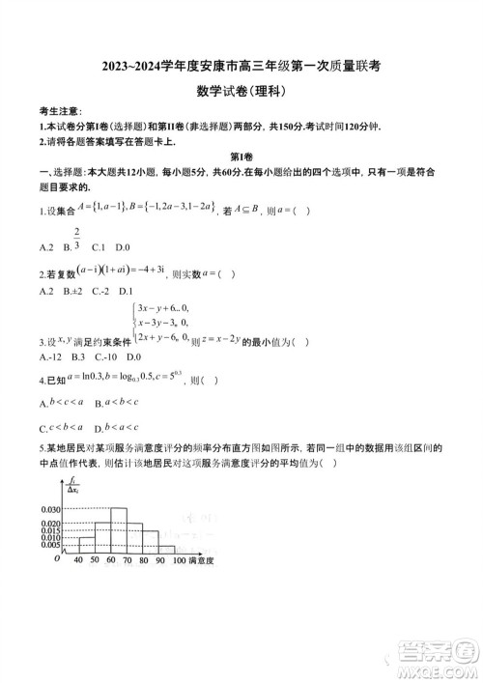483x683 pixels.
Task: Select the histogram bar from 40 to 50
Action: (x=86, y=544)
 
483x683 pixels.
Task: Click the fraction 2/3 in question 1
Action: (x=76, y=238)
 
